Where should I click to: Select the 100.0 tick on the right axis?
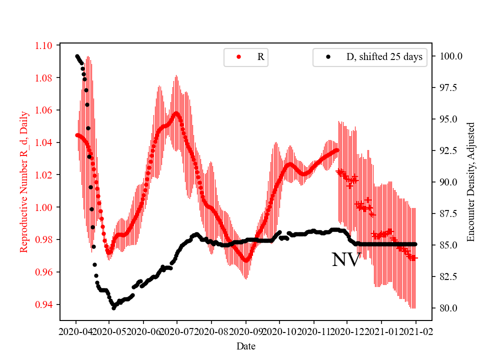point(450,56)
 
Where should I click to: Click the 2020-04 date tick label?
point(76,331)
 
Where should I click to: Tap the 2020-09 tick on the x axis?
point(246,331)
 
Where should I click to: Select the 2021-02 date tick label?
point(416,331)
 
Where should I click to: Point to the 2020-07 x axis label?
point(177,331)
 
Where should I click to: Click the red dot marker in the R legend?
point(238,57)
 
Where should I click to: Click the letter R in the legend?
point(260,57)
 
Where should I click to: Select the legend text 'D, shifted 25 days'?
point(384,57)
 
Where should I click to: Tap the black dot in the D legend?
point(328,57)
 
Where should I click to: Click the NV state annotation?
point(346,260)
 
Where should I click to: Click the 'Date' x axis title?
point(246,345)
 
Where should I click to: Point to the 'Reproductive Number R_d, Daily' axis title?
point(24,181)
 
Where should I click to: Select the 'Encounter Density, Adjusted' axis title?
point(470,181)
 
